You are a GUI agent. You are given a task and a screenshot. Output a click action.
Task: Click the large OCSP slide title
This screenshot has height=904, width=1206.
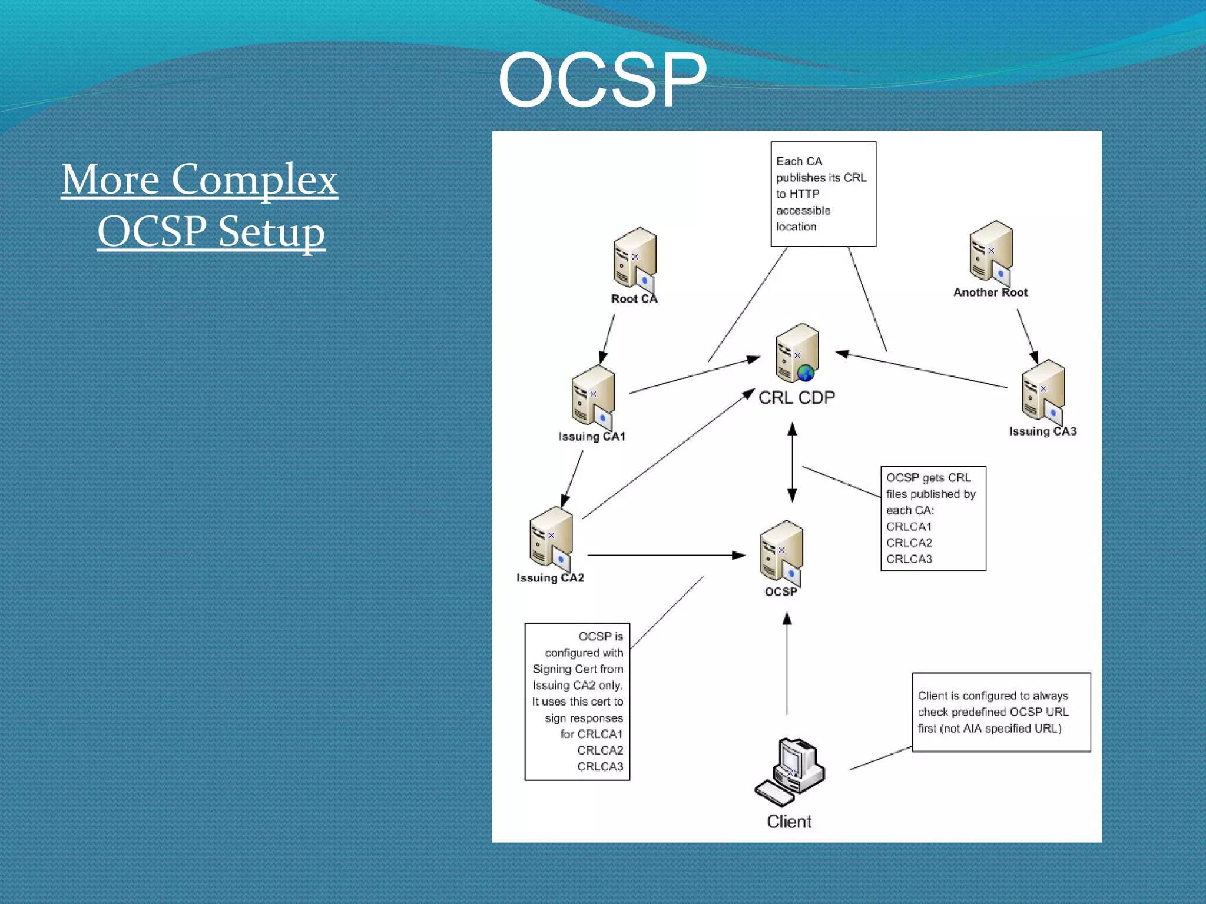click(602, 81)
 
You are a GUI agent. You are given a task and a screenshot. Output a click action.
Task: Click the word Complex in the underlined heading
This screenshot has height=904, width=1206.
click(254, 179)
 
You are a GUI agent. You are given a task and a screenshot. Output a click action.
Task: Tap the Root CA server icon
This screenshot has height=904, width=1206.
click(634, 259)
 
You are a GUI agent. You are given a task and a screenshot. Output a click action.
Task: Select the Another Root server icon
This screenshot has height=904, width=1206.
click(990, 252)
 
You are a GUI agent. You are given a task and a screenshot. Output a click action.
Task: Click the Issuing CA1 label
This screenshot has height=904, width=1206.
click(592, 437)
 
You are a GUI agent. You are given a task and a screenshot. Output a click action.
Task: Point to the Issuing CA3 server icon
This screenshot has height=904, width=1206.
click(1043, 391)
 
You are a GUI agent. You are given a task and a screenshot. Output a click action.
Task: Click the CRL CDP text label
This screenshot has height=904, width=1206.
click(796, 398)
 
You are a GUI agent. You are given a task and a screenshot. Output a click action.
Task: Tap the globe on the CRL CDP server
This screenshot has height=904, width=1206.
click(806, 373)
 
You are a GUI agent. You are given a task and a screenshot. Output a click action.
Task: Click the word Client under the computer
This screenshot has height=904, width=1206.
click(788, 822)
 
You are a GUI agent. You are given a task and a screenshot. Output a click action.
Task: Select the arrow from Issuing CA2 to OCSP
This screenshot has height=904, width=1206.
click(665, 555)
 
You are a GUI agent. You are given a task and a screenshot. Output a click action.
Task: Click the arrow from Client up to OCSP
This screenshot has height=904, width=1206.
click(787, 665)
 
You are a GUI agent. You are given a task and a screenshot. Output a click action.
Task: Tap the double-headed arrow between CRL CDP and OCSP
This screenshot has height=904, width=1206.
click(792, 463)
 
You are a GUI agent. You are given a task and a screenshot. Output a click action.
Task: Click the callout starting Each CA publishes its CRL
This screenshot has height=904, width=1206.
click(823, 194)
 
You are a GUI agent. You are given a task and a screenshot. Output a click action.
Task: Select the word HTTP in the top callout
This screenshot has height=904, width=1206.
click(804, 194)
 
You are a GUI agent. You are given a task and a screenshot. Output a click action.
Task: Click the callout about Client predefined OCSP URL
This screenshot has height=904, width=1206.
click(1000, 712)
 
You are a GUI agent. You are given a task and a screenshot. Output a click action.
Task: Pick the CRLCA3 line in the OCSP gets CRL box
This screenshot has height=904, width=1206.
click(909, 559)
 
